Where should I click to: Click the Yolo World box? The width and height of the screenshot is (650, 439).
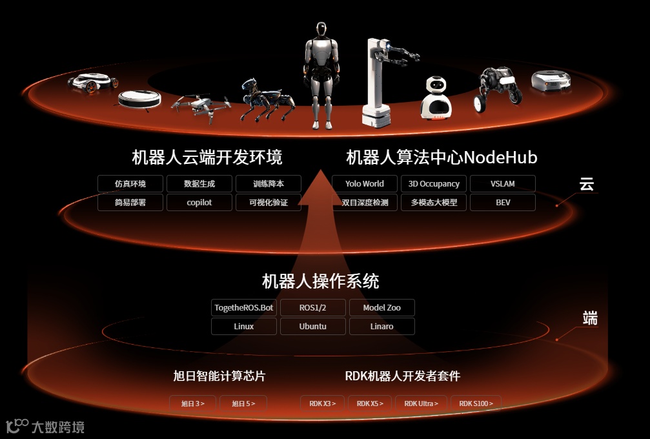[365, 184]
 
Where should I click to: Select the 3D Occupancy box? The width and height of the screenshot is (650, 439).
[434, 184]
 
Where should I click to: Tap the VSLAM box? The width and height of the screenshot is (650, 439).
[502, 184]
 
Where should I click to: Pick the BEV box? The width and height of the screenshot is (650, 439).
[502, 203]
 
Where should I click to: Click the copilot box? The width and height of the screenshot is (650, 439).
[199, 203]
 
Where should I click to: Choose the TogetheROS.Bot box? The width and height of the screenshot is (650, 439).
[244, 308]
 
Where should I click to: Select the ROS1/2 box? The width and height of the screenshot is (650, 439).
[313, 308]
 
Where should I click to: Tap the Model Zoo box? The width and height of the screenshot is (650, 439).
[381, 308]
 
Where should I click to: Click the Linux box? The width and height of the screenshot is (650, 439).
[244, 327]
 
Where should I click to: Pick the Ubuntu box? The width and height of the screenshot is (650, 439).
[313, 327]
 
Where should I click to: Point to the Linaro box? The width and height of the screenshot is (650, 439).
[381, 327]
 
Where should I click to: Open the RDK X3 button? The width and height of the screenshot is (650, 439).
[322, 403]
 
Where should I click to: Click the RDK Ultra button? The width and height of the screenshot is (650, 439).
[421, 403]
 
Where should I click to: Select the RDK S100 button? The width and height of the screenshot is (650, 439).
[476, 403]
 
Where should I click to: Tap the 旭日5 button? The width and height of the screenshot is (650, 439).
[243, 403]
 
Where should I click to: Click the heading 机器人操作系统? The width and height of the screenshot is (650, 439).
[320, 281]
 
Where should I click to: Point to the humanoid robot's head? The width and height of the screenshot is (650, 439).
[321, 32]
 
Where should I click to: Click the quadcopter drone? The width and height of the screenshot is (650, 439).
[201, 105]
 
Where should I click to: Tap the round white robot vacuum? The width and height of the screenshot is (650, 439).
[139, 99]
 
